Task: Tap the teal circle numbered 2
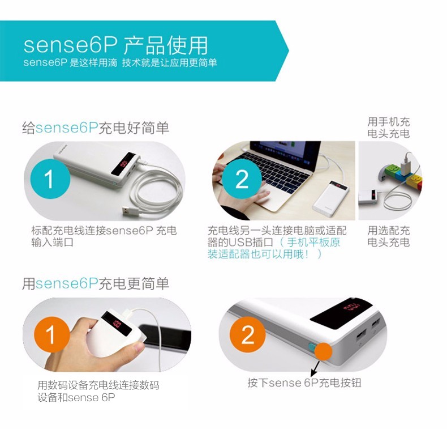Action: coord(242,179)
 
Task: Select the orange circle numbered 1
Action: coord(51,335)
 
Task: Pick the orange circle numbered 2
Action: coord(247,335)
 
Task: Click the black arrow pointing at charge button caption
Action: coord(316,368)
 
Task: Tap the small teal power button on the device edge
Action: coord(311,347)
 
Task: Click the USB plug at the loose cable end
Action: coord(130,211)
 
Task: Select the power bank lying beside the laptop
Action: coord(331,198)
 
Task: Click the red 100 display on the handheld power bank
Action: coord(117,324)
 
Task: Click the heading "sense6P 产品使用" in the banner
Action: coord(115,45)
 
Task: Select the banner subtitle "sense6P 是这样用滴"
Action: coord(70,63)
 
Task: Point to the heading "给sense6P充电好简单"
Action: coord(96,128)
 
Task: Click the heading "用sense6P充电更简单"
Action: coord(96,283)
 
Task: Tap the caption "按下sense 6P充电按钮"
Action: coord(304,383)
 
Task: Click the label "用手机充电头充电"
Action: coord(389,128)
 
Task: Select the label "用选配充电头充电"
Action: coord(389,236)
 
